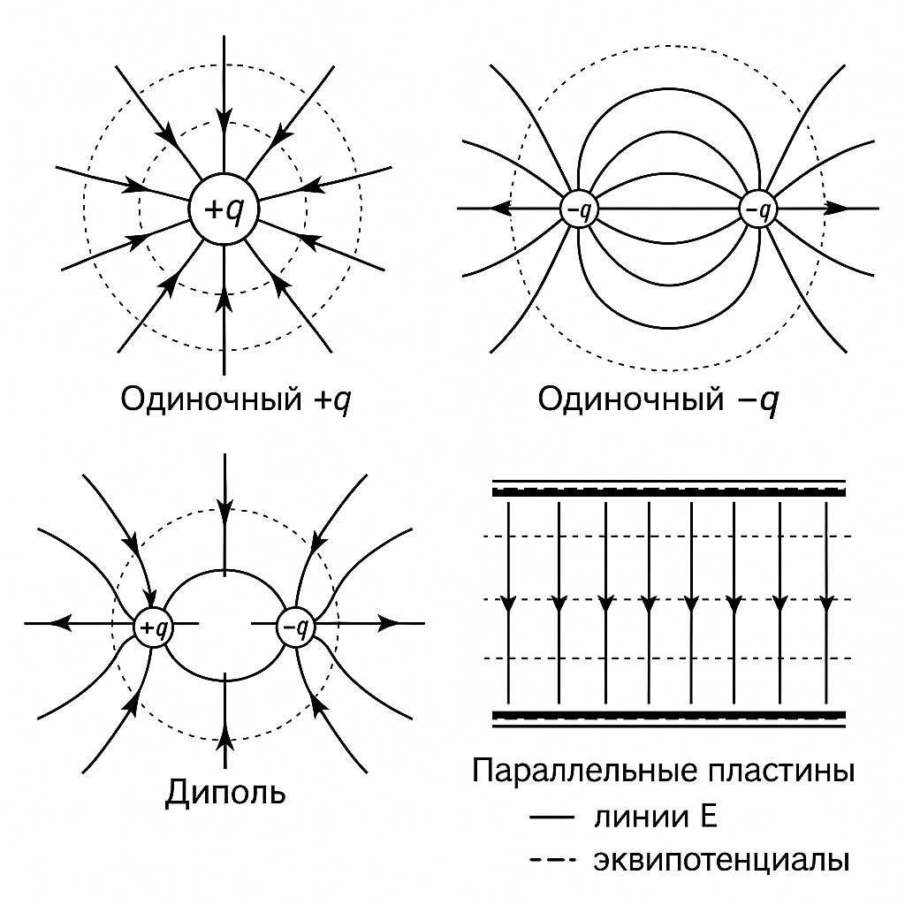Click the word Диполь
point(225,793)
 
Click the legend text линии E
point(655,818)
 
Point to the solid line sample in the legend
point(552,818)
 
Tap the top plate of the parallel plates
point(668,488)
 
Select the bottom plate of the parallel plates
point(668,719)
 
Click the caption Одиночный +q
point(235,399)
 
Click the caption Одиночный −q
point(658,399)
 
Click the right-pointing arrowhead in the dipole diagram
point(389,623)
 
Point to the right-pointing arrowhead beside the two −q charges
point(836,209)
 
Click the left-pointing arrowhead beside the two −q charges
point(501,209)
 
